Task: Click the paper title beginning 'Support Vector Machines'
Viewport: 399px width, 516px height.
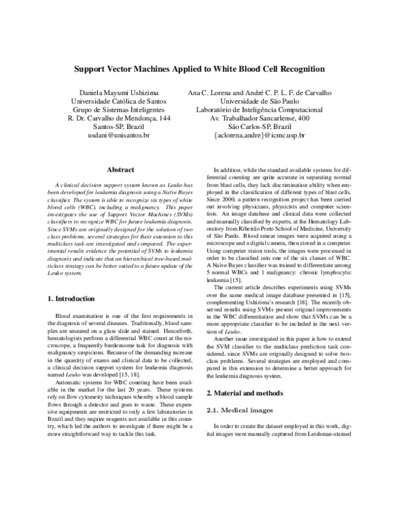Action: (199, 68)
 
